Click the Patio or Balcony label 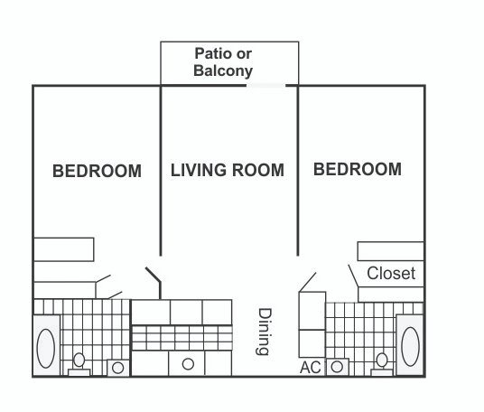[x=223, y=62]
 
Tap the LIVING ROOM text [x=228, y=170]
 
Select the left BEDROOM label [x=97, y=171]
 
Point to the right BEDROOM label [x=358, y=169]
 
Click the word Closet [x=391, y=274]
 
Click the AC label [x=311, y=368]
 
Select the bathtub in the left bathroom [x=46, y=346]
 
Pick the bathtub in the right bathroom [x=410, y=345]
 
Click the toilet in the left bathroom [x=79, y=364]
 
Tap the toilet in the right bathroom [x=382, y=364]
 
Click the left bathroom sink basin [x=118, y=368]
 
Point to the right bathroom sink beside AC [x=337, y=367]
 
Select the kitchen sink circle [x=188, y=364]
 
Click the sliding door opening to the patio [x=265, y=86]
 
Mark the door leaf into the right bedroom [x=307, y=282]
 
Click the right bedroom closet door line [x=353, y=276]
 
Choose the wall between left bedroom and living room [x=161, y=171]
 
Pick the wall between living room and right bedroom [x=298, y=171]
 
